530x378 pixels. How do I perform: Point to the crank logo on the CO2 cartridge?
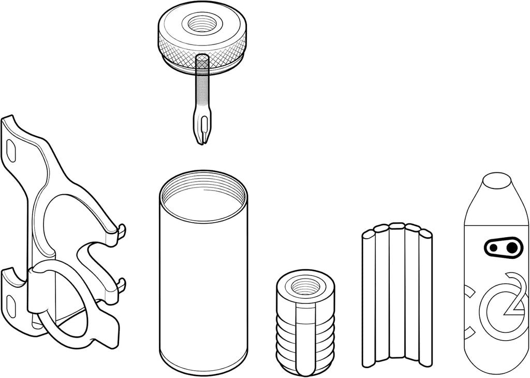pyautogui.click(x=502, y=247)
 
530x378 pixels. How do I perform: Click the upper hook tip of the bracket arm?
pyautogui.click(x=122, y=230)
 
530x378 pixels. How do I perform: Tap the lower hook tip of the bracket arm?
pyautogui.click(x=122, y=284)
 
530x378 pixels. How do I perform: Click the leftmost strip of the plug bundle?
pyautogui.click(x=369, y=298)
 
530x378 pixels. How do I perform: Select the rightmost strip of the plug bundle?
pyautogui.click(x=425, y=298)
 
